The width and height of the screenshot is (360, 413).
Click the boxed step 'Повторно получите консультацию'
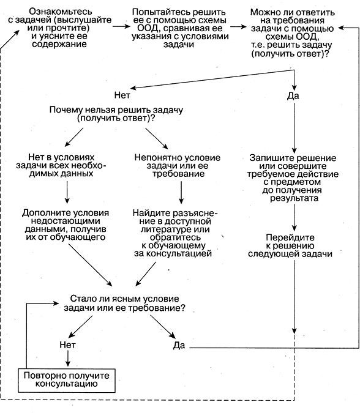pyautogui.click(x=67, y=381)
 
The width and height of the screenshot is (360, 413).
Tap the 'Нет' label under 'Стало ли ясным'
pyautogui.click(x=67, y=344)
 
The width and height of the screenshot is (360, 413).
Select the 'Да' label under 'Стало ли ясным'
pyautogui.click(x=179, y=345)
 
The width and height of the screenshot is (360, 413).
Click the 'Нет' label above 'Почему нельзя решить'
pyautogui.click(x=122, y=95)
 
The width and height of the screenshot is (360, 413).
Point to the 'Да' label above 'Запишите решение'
pyautogui.click(x=293, y=96)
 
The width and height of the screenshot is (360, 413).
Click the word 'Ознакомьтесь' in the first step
pyautogui.click(x=61, y=12)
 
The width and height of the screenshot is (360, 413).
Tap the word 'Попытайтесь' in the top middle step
pyautogui.click(x=158, y=12)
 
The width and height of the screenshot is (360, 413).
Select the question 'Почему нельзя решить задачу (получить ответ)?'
pyautogui.click(x=116, y=114)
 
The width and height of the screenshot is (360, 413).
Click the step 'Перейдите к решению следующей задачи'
pyautogui.click(x=290, y=246)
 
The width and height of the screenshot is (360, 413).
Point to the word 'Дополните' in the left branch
pyautogui.click(x=43, y=213)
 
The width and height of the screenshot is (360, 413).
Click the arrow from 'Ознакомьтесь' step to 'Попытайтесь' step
pyautogui.click(x=121, y=26)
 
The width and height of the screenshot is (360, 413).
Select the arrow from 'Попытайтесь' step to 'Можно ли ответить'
pyautogui.click(x=239, y=26)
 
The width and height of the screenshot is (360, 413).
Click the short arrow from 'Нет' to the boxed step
pyautogui.click(x=68, y=359)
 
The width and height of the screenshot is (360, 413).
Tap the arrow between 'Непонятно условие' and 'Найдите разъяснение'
pyautogui.click(x=181, y=192)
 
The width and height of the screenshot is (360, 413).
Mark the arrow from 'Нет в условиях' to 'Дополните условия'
pyautogui.click(x=67, y=192)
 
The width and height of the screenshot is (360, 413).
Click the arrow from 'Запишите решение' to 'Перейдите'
pyautogui.click(x=294, y=218)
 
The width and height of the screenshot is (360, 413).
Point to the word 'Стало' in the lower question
pyautogui.click(x=80, y=299)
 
